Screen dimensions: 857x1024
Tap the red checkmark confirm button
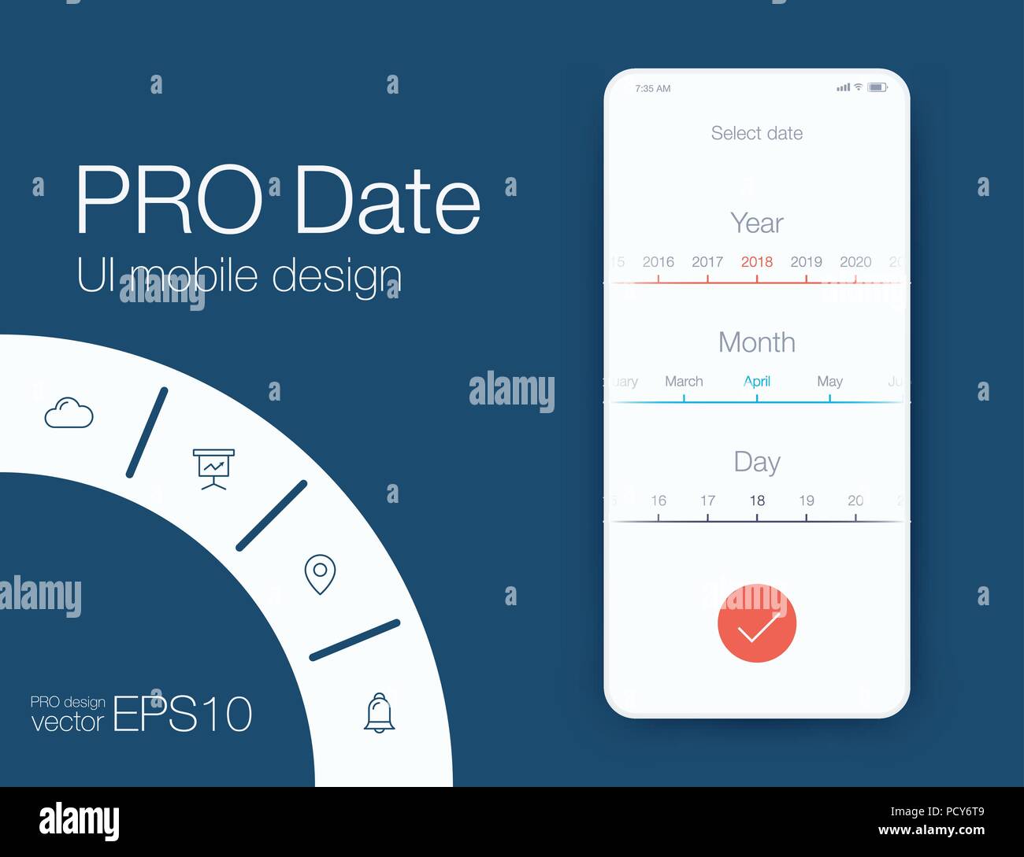coord(756,623)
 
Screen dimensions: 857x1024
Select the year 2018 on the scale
coord(756,262)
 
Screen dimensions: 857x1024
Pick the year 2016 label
coord(658,262)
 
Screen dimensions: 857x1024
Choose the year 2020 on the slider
coord(855,262)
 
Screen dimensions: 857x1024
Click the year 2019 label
coord(806,262)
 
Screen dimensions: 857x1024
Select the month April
coord(756,382)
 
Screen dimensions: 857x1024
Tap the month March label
coord(683,382)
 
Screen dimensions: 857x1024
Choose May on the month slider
coord(829,382)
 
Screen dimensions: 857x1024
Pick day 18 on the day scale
coord(756,501)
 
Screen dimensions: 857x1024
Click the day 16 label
coord(658,501)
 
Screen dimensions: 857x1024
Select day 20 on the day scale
coord(855,501)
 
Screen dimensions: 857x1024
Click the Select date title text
coord(756,133)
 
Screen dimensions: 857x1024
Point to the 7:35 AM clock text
coord(652,89)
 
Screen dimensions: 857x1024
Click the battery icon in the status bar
coord(877,87)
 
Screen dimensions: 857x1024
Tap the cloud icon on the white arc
coord(69,413)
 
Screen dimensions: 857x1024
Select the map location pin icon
coord(320,574)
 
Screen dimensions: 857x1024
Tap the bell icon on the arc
coord(379,713)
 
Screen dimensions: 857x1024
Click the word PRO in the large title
coord(169,201)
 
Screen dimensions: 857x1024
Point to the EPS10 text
coord(183,714)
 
